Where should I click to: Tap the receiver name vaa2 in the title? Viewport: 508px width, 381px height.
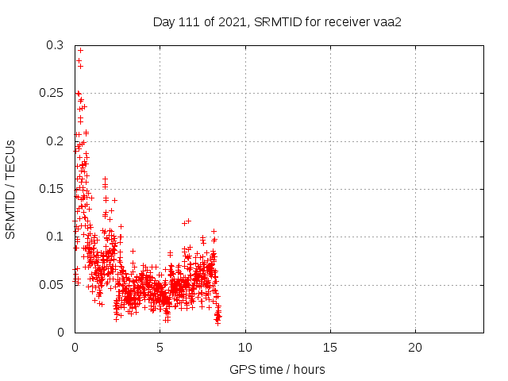[x=386, y=21]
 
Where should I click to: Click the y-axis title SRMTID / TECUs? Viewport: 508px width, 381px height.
[x=11, y=189]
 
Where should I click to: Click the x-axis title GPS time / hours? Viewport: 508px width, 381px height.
[x=277, y=369]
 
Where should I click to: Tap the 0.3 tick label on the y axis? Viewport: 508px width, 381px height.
[x=56, y=46]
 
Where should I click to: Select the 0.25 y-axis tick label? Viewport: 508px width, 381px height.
[x=52, y=94]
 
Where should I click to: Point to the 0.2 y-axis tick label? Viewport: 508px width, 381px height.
[x=56, y=141]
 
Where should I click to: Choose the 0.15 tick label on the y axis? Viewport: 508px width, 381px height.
[x=52, y=189]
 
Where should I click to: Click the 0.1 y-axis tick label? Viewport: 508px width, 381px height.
[x=56, y=237]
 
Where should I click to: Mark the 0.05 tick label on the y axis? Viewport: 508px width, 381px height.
[x=52, y=284]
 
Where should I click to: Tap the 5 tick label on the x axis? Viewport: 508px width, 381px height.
[x=160, y=348]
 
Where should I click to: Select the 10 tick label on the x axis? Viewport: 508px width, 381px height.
[x=245, y=348]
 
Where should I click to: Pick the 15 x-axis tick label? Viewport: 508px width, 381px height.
[x=330, y=348]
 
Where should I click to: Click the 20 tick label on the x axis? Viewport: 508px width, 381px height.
[x=415, y=348]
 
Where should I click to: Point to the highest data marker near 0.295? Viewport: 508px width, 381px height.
[x=80, y=51]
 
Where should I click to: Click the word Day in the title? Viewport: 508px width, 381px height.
[x=164, y=21]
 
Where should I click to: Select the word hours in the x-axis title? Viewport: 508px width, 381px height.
[x=309, y=369]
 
